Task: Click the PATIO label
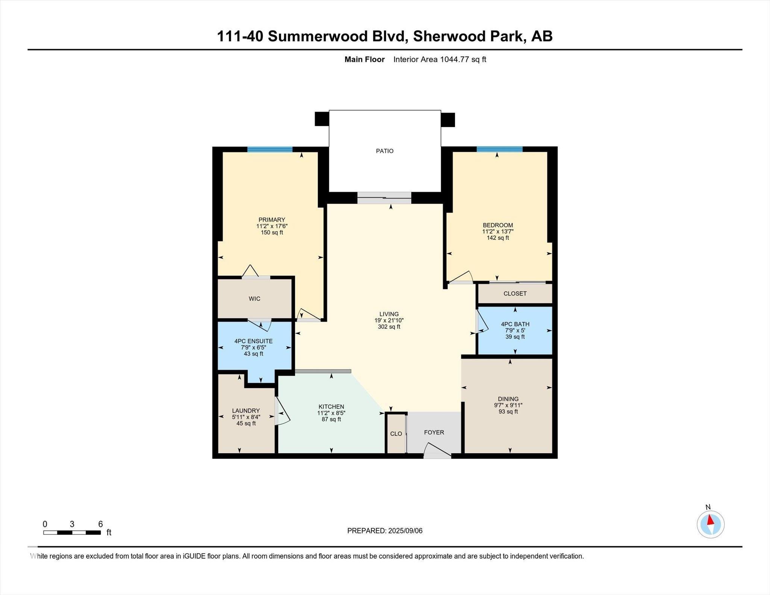coord(385,151)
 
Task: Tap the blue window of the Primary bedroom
coord(270,149)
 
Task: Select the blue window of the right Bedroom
coord(499,149)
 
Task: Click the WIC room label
coord(254,299)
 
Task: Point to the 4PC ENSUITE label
coord(253,341)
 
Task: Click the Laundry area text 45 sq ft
coord(246,423)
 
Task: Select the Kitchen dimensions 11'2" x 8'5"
coord(331,413)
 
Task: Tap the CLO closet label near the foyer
coord(396,434)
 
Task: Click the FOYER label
coord(434,432)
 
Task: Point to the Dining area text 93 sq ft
coord(508,412)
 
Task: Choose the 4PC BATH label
coord(515,324)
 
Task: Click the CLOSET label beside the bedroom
coord(515,294)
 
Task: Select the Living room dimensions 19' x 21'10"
coord(389,321)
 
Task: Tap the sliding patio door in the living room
coord(384,198)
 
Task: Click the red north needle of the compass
coord(710,520)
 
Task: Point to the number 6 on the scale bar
coord(100,524)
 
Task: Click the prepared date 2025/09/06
coord(405,531)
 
